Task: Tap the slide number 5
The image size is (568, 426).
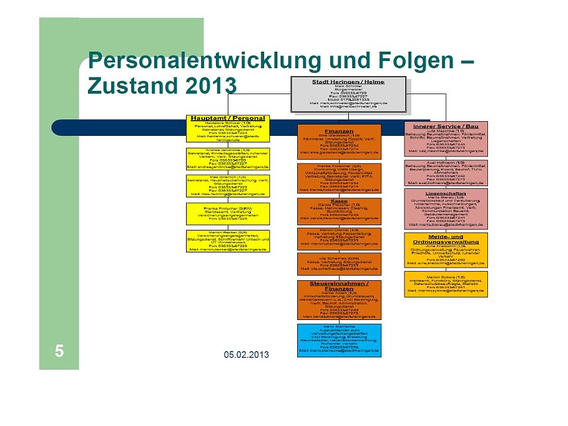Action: pyautogui.click(x=60, y=351)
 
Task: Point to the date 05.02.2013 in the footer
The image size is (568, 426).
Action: pyautogui.click(x=246, y=355)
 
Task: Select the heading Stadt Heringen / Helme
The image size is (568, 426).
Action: pyautogui.click(x=349, y=81)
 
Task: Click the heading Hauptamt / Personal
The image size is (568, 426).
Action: pyautogui.click(x=228, y=118)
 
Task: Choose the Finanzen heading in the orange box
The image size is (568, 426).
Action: pyautogui.click(x=339, y=131)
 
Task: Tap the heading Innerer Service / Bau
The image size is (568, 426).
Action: pyautogui.click(x=446, y=125)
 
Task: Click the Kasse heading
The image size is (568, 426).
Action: pyautogui.click(x=339, y=201)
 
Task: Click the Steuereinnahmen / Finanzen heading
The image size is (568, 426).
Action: pyautogui.click(x=339, y=286)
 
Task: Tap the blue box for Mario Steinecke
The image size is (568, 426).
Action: pyautogui.click(x=339, y=340)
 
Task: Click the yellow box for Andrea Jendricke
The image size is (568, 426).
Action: pyautogui.click(x=228, y=159)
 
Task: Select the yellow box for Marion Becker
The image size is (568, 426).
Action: pyautogui.click(x=228, y=240)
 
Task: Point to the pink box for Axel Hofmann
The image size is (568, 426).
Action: pyautogui.click(x=446, y=171)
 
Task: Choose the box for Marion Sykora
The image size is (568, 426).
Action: pyautogui.click(x=446, y=283)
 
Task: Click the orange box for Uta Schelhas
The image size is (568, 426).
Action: pyautogui.click(x=339, y=263)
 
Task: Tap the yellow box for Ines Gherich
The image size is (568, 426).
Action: pyautogui.click(x=228, y=186)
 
